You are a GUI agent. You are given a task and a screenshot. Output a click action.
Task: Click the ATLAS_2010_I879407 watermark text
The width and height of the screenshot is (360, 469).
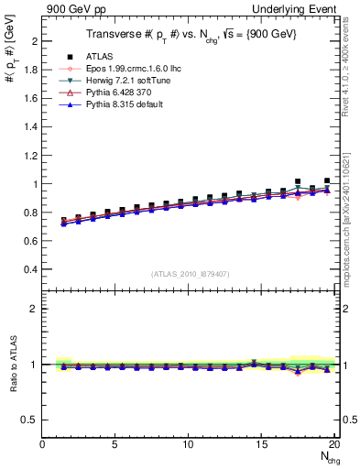click(190, 273)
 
